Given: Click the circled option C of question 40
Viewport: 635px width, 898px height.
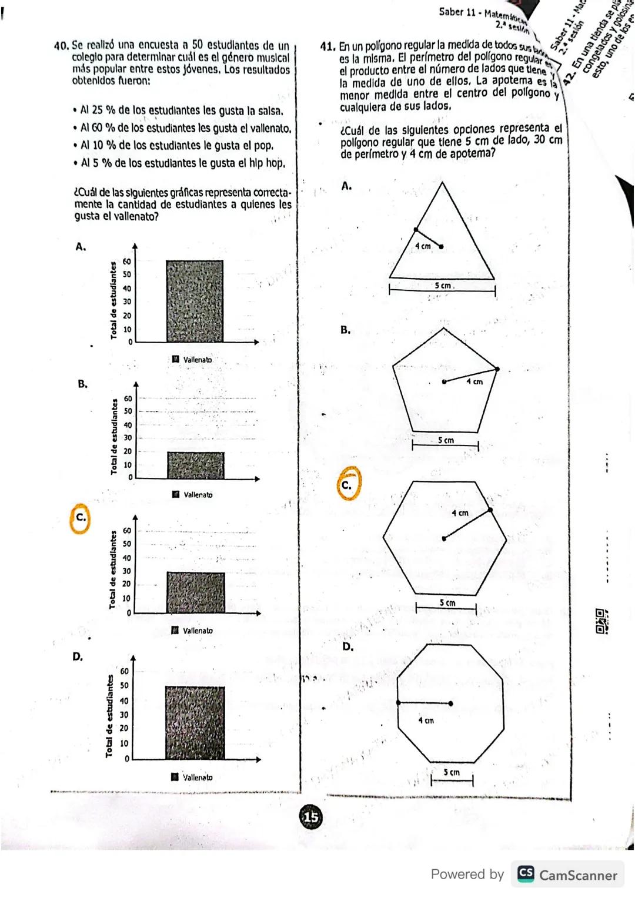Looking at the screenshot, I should coord(81,518).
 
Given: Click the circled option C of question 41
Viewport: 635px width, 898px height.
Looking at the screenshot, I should coord(347,485).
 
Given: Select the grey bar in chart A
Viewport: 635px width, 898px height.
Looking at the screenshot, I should coord(195,301).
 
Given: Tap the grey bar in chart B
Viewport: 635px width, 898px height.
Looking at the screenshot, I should coord(195,465).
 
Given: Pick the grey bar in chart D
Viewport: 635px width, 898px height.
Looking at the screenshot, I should coord(195,723).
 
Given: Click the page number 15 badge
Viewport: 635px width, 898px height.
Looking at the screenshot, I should coord(311,817).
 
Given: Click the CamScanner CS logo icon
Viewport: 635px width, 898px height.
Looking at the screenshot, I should coord(526,874).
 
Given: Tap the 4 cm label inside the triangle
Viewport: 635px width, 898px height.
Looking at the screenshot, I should coord(423,246).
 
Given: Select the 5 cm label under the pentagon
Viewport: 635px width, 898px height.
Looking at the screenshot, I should coord(446,440).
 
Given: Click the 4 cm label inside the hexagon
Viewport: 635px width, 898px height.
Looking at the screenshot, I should coord(460,513).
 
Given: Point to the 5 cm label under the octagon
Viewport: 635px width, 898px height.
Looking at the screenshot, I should coord(452,772).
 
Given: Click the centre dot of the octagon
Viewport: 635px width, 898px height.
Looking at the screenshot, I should coord(450,703).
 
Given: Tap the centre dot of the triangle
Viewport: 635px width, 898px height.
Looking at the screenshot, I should coord(441,247).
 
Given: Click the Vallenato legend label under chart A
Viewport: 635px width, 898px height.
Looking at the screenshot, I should coord(198,360).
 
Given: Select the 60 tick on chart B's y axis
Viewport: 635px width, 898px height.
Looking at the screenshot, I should coord(128,398).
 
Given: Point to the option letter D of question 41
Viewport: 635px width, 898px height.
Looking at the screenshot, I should coord(347,647).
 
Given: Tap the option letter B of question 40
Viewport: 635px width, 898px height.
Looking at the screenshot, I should coord(82,384).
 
